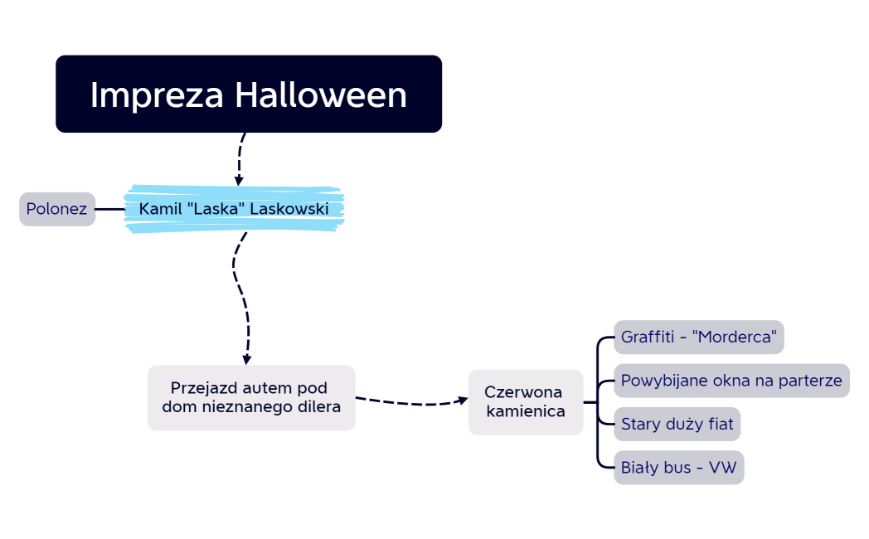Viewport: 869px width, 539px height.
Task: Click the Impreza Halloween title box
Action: coord(249,94)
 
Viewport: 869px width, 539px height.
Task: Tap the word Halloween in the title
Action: coord(321,95)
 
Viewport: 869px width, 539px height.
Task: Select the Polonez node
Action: coord(56,209)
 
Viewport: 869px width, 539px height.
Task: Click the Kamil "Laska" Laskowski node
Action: coord(234,209)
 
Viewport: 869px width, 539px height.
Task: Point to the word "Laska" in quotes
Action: coord(215,209)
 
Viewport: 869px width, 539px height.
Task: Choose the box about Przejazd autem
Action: coord(251,398)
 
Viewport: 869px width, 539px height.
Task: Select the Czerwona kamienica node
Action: coord(525,402)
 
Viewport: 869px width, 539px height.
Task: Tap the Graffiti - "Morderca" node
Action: coord(698,337)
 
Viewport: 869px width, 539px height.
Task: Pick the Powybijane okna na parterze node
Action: coord(731,381)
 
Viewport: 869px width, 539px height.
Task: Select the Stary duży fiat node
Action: coord(677,425)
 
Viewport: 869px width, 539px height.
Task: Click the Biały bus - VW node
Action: coord(678,468)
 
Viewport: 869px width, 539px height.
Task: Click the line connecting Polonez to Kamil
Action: coord(109,209)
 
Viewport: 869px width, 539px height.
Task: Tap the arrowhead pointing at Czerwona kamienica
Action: coord(463,400)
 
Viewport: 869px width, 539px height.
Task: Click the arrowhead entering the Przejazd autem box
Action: coord(246,360)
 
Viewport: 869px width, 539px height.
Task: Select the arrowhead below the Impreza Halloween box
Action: coord(239,180)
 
